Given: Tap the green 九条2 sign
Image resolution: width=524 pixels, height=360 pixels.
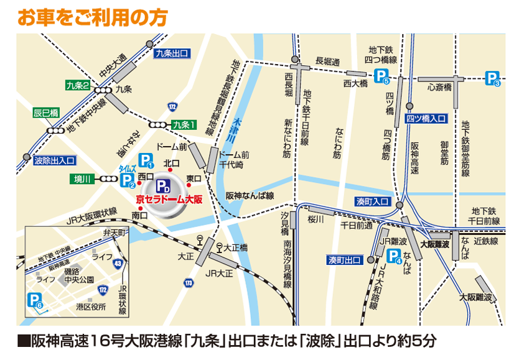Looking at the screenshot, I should tap(78, 85).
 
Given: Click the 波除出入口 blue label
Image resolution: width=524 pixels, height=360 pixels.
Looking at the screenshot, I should tap(55, 160).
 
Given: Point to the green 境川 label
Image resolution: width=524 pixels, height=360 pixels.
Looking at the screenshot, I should tap(82, 179).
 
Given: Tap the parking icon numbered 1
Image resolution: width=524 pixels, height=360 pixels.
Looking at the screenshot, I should tap(146, 161).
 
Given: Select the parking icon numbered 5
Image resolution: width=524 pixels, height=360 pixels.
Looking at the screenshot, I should tap(382, 76).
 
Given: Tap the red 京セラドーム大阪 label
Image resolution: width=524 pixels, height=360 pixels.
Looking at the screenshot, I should tap(169, 200).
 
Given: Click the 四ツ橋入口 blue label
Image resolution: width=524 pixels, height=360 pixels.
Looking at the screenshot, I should tap(426, 118).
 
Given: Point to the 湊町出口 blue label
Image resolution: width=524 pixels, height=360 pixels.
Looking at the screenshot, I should tap(345, 259).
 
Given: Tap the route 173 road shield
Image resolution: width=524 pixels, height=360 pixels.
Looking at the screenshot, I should tap(188, 283).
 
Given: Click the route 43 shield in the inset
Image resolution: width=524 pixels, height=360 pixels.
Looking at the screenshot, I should tap(118, 264).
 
